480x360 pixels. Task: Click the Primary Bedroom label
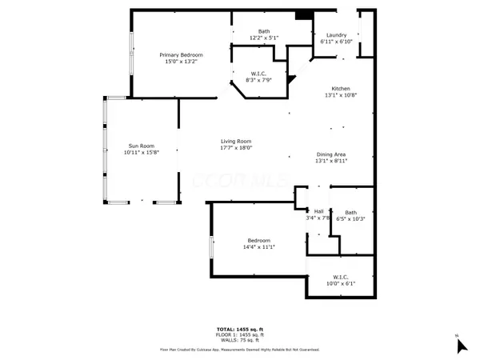tap(178, 54)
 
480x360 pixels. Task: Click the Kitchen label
tap(342, 89)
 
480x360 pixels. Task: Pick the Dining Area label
tap(330, 154)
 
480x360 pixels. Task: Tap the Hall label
tap(318, 211)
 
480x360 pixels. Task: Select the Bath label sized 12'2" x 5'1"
tap(253, 32)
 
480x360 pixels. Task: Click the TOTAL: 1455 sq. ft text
tap(240, 330)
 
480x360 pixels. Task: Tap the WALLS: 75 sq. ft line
tap(240, 339)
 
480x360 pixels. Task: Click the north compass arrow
tap(460, 345)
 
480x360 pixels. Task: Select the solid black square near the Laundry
tap(302, 15)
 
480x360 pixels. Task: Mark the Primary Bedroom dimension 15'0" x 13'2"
tap(178, 62)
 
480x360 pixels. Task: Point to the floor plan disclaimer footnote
tap(240, 350)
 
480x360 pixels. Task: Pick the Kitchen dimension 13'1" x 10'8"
tap(342, 95)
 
